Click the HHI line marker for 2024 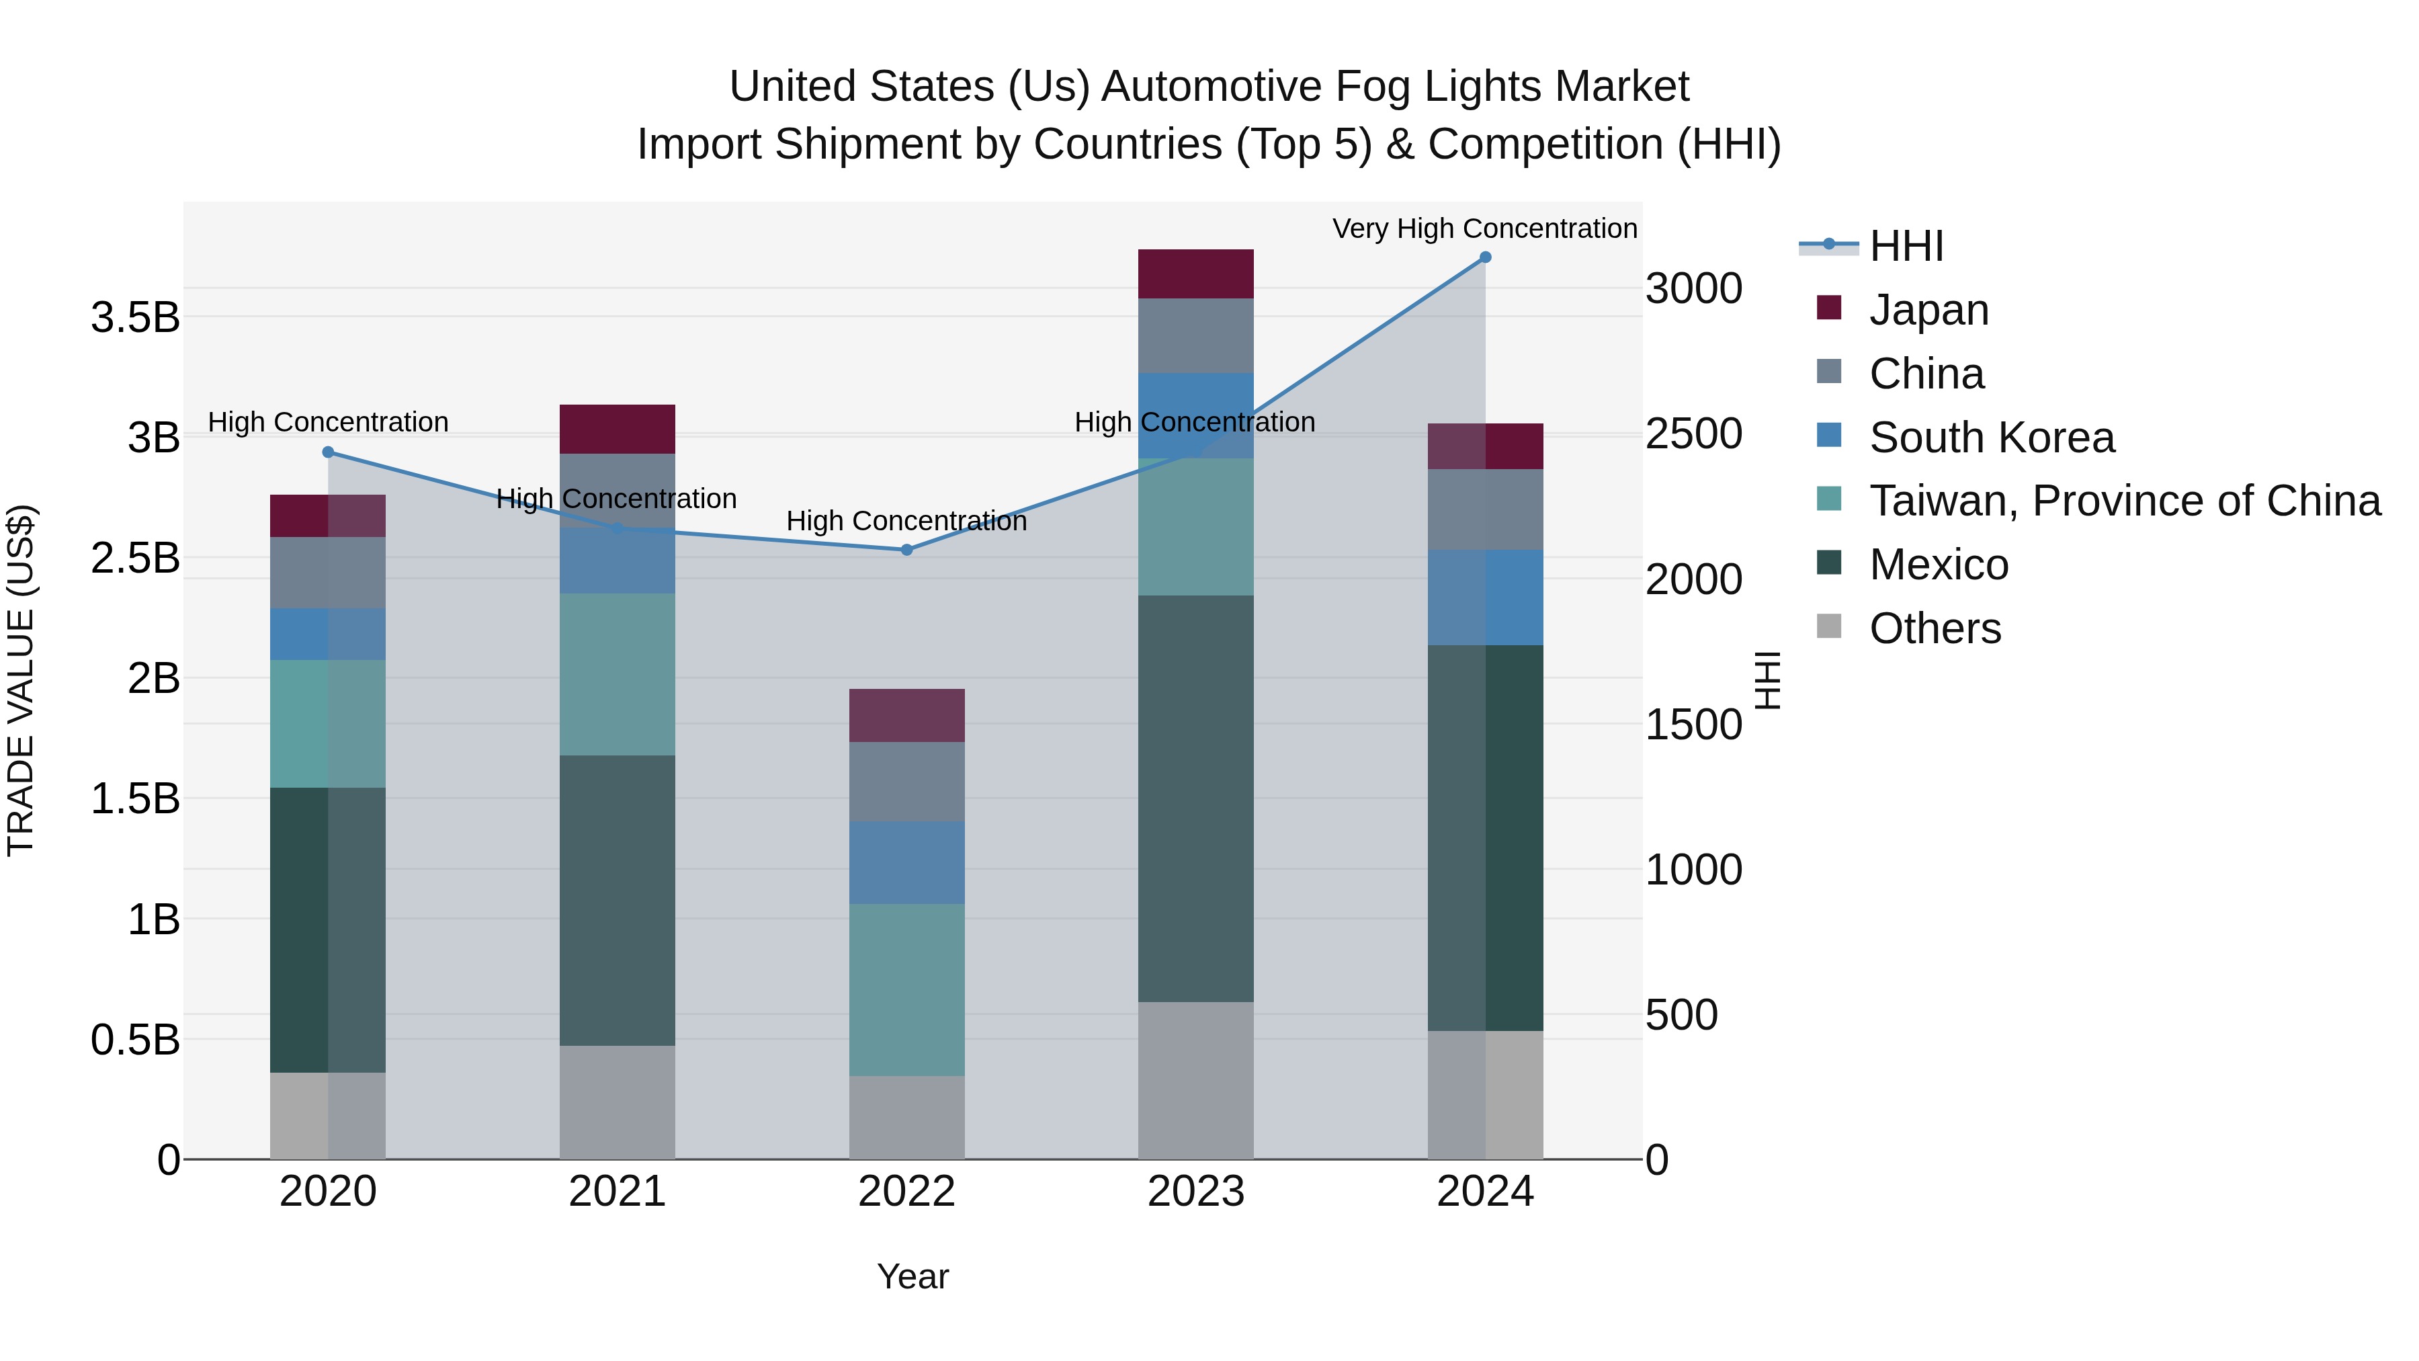tap(1484, 257)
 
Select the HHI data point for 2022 tap(906, 550)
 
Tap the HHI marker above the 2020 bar tap(328, 452)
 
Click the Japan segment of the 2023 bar tap(1195, 274)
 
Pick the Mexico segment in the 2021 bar tap(617, 900)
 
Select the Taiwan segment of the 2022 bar tap(906, 989)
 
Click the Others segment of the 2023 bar tap(1195, 1080)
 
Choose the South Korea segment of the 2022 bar tap(906, 862)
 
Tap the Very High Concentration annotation tap(1484, 229)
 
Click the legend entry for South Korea tap(1991, 438)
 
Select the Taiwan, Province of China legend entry tap(2124, 501)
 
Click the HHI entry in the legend tap(1906, 246)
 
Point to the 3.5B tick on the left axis tap(134, 317)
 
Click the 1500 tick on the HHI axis tap(1693, 724)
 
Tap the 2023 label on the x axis tap(1195, 1192)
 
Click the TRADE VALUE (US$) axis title tap(21, 680)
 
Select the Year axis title tap(912, 1276)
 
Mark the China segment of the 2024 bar tap(1484, 509)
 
